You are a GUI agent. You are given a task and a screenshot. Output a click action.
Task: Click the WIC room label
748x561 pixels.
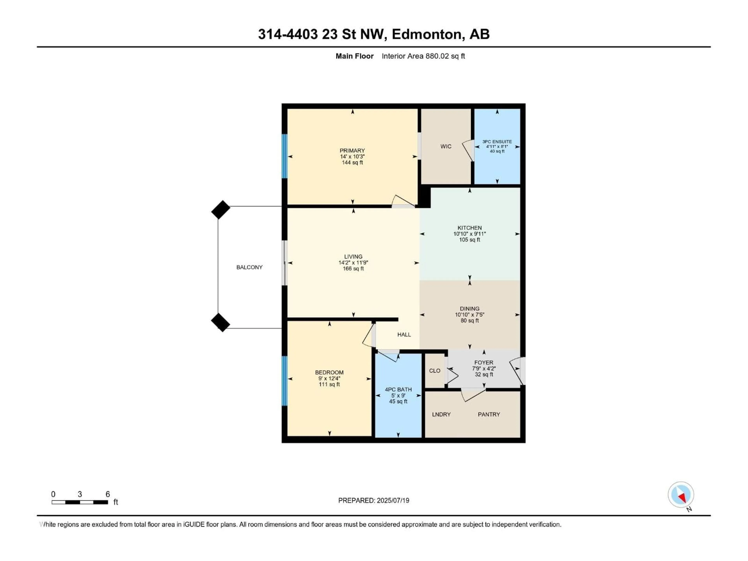pyautogui.click(x=446, y=146)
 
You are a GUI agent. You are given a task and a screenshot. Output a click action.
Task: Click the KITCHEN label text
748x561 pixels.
pyautogui.click(x=469, y=228)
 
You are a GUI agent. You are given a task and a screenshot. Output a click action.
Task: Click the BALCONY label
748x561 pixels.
pyautogui.click(x=249, y=267)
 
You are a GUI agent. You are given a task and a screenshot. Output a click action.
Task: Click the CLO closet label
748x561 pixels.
pyautogui.click(x=435, y=371)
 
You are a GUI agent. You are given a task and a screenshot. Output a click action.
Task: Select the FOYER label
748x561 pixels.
pyautogui.click(x=483, y=363)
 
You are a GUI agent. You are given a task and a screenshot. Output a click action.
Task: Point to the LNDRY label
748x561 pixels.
pyautogui.click(x=441, y=415)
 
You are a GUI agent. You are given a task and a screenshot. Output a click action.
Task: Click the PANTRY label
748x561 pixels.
pyautogui.click(x=489, y=415)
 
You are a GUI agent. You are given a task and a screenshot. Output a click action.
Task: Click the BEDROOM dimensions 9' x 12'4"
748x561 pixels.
pyautogui.click(x=329, y=379)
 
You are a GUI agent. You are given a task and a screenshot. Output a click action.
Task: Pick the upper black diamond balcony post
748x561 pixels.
pyautogui.click(x=221, y=210)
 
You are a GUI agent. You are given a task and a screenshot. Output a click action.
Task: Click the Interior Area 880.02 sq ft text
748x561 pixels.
pyautogui.click(x=423, y=56)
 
